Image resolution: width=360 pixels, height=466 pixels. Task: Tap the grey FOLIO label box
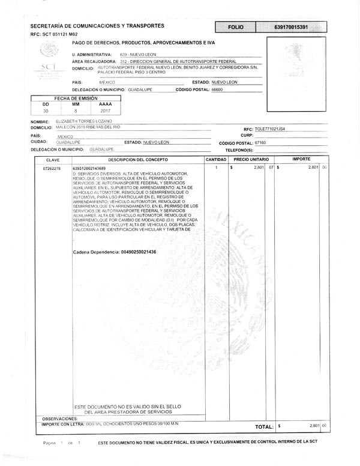(x=236, y=28)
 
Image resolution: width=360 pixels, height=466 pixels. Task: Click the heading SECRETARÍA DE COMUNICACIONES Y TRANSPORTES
(x=97, y=26)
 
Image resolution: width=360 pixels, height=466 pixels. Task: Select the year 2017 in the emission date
(x=105, y=111)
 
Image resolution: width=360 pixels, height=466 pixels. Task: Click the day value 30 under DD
(x=46, y=111)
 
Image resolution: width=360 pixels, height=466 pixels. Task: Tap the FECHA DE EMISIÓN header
(x=76, y=98)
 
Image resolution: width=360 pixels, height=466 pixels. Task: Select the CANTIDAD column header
(x=216, y=160)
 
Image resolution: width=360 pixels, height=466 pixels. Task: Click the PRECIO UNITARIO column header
(x=251, y=160)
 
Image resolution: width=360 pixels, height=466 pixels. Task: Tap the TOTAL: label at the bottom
(x=264, y=426)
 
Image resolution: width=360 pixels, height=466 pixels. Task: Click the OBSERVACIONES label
(x=60, y=418)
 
